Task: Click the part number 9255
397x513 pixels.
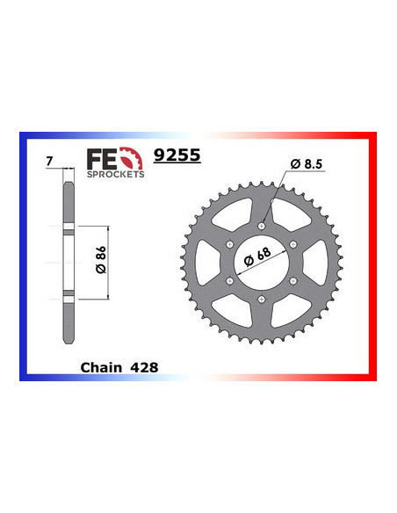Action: pyautogui.click(x=177, y=155)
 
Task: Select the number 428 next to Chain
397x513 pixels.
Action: pyautogui.click(x=142, y=367)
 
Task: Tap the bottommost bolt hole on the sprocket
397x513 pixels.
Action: pyautogui.click(x=263, y=300)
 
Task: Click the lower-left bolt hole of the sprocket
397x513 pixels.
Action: pyautogui.click(x=229, y=280)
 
